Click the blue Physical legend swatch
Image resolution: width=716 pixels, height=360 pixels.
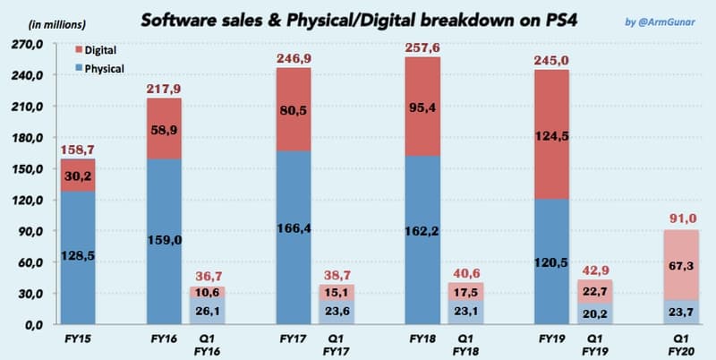80,67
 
